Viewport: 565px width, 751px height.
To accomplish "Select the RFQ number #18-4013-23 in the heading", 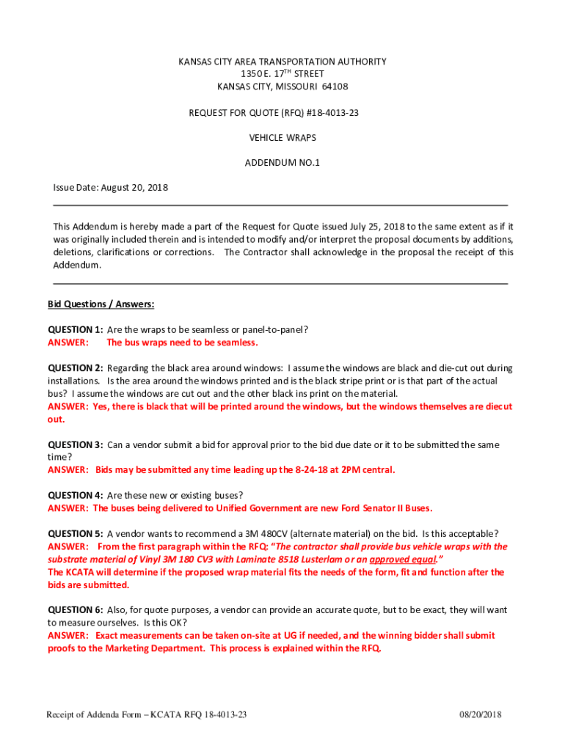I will [329, 112].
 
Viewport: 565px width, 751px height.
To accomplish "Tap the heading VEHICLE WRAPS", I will [282, 137].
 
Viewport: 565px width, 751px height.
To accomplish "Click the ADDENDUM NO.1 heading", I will [282, 163].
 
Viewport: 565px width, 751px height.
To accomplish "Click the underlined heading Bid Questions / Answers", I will [101, 304].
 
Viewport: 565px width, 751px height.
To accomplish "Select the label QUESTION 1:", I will [75, 330].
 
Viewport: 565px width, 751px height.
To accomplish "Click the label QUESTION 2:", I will [75, 368].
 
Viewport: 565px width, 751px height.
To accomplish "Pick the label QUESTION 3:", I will [75, 444].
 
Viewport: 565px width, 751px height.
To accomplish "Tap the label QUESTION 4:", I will [75, 495].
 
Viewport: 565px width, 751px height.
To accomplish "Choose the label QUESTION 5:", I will [75, 533].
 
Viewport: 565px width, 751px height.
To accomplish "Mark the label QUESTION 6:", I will [75, 610].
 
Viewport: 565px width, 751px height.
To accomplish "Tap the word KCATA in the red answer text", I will [81, 572].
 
